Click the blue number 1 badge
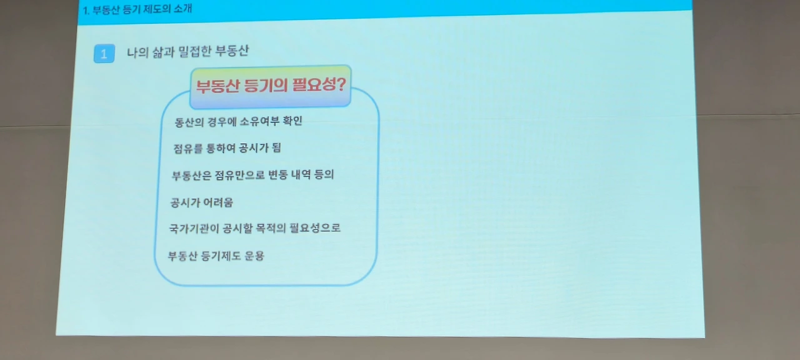[x=104, y=54]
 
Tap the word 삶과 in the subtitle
[x=163, y=52]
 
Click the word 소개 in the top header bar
[x=183, y=8]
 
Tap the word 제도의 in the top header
[x=157, y=9]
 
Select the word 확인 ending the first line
[x=292, y=121]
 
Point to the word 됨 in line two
[x=276, y=147]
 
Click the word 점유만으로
[x=239, y=175]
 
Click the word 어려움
[x=217, y=202]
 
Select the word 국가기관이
[x=194, y=229]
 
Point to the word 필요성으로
[x=315, y=227]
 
